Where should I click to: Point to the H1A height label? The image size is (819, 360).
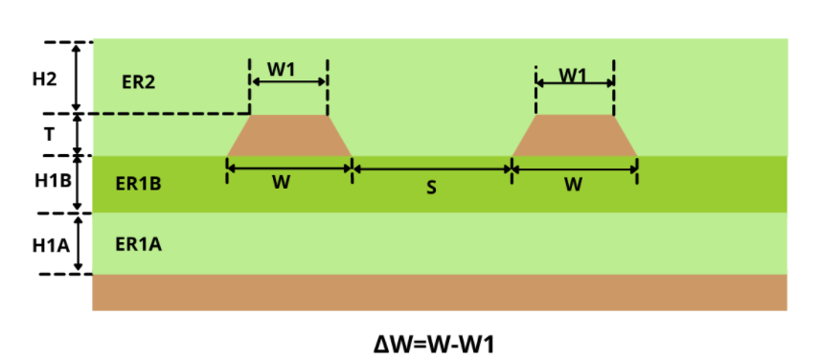(x=47, y=244)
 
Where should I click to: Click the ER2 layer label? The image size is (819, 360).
(x=138, y=81)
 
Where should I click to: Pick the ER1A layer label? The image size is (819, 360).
(x=138, y=245)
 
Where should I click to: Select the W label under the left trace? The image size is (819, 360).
(x=281, y=183)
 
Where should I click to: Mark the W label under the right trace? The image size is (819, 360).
(x=573, y=184)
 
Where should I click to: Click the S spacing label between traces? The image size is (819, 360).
(x=431, y=188)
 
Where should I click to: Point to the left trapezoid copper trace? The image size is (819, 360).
(x=288, y=135)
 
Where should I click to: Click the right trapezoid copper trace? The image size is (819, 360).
(x=575, y=135)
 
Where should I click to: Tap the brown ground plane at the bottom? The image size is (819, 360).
(x=439, y=292)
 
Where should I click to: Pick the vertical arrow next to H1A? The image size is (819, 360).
(x=78, y=244)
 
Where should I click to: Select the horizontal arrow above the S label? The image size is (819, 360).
(x=431, y=169)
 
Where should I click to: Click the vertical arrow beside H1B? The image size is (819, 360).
(x=78, y=184)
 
